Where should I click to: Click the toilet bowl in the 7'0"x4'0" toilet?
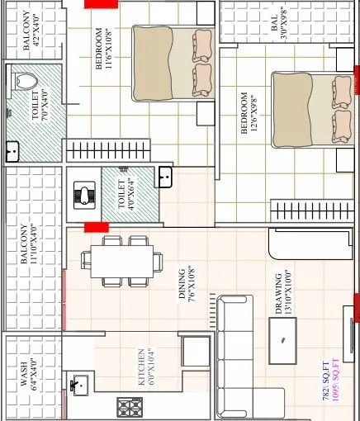(25, 83)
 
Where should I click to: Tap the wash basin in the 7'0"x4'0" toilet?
(13, 152)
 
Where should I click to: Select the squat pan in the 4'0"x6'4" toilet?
(85, 195)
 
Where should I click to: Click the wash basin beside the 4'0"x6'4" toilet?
(164, 175)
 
